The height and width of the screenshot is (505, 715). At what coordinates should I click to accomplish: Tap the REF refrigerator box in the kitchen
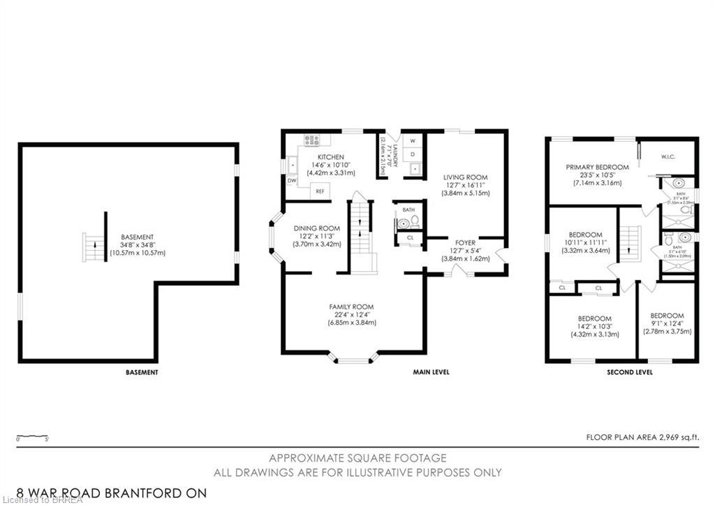(320, 191)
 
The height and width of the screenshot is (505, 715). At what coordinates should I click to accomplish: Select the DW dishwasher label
(291, 180)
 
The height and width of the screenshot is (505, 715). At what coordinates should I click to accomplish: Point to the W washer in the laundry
(413, 140)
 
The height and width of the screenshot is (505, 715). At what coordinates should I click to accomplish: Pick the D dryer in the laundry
(413, 154)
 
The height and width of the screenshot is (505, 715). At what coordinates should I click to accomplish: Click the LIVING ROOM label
(465, 177)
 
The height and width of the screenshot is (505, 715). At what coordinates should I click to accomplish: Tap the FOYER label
(465, 243)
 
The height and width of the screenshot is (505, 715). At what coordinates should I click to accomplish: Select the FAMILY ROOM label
(351, 307)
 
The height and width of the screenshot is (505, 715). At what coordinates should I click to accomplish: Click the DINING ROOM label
(316, 228)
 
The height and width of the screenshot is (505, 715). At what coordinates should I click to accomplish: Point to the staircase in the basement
(94, 248)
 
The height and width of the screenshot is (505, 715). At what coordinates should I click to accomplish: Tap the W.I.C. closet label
(669, 157)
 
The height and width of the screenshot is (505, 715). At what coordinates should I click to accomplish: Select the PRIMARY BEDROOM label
(597, 167)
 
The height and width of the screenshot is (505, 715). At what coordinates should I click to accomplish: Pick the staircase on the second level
(631, 242)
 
